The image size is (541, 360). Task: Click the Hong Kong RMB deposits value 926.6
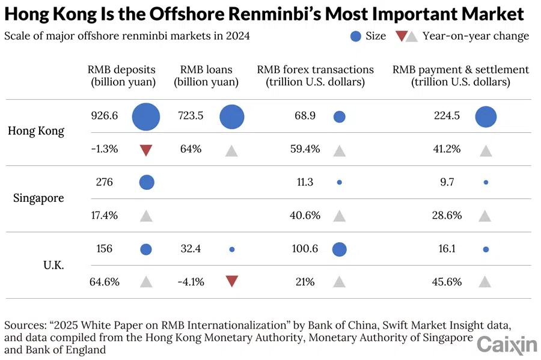(104, 115)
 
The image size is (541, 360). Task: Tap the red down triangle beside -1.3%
(146, 150)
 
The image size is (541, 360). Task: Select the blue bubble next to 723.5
(232, 117)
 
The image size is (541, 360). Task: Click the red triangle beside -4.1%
(231, 281)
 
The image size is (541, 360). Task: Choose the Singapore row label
(38, 198)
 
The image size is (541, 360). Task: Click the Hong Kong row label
(36, 131)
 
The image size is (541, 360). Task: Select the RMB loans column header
(206, 76)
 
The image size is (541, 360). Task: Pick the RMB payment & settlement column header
(461, 76)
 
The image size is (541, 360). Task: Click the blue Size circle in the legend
(355, 36)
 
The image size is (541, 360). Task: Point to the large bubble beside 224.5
(486, 117)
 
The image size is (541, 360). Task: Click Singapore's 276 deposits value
(104, 182)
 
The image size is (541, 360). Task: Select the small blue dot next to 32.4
(232, 249)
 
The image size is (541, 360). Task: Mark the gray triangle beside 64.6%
(146, 281)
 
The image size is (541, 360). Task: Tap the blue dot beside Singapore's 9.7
(486, 182)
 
